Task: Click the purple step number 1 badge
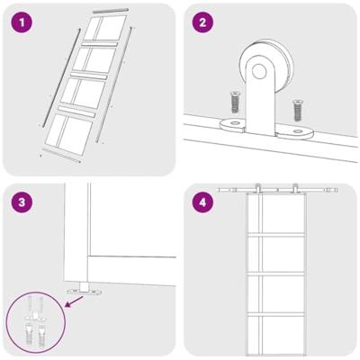point(22,22)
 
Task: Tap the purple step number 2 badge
point(203,22)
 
